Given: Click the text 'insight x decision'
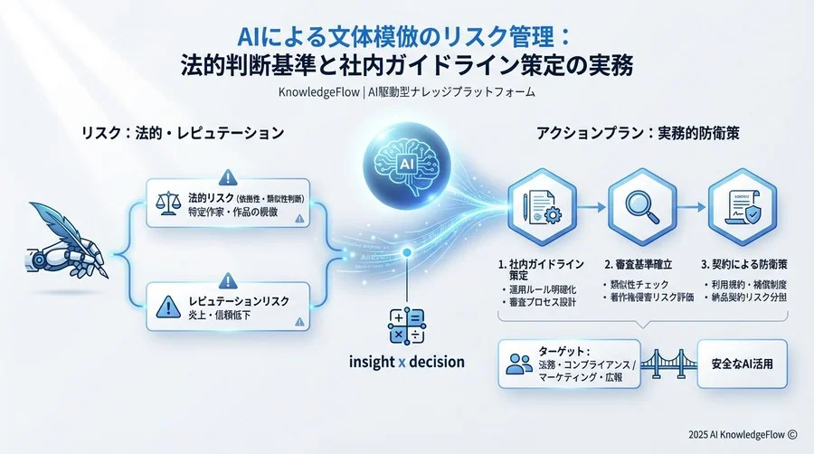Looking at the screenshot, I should click(406, 362).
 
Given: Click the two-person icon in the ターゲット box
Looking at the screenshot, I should click(518, 364).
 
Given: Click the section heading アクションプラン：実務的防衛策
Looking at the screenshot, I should click(639, 133).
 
